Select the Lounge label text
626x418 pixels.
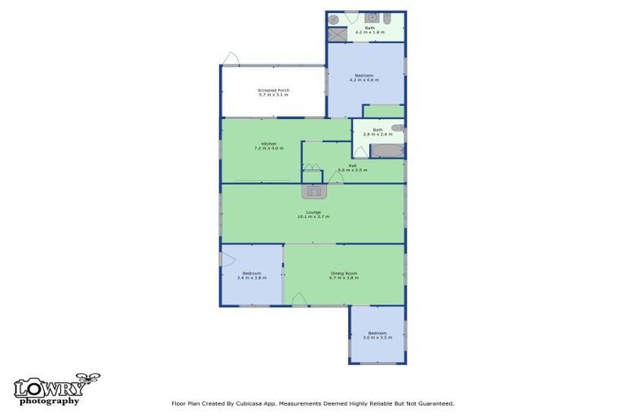click(x=314, y=212)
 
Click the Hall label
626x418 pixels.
click(x=352, y=166)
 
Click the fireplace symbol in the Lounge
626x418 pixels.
click(x=314, y=191)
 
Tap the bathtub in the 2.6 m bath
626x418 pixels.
click(x=387, y=151)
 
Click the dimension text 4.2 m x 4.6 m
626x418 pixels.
click(x=365, y=79)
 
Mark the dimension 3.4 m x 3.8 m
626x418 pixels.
click(x=252, y=278)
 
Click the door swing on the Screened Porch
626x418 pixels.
click(x=231, y=59)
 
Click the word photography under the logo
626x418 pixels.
click(x=50, y=401)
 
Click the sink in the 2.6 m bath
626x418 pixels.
click(x=398, y=128)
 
